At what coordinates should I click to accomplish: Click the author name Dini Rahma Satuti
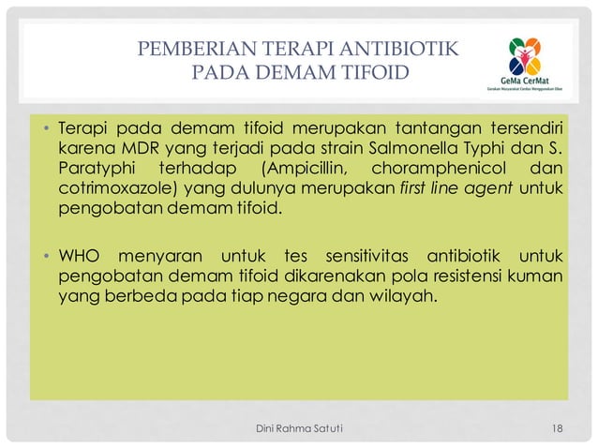tap(299, 428)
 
